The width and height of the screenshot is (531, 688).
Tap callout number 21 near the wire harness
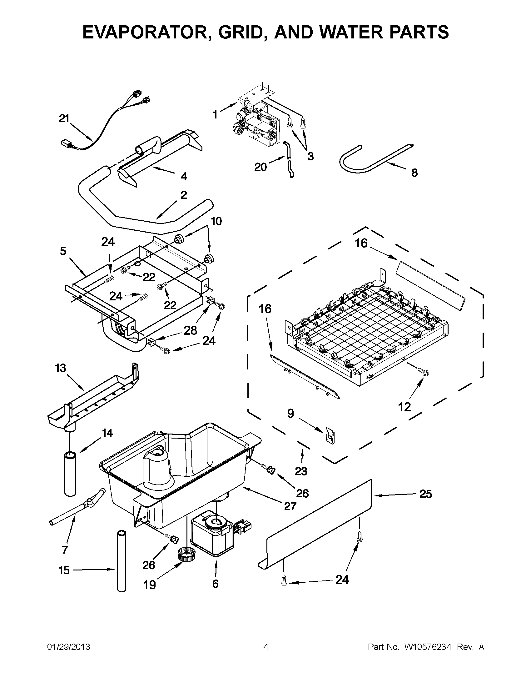pyautogui.click(x=64, y=119)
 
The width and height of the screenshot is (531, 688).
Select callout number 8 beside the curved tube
pyautogui.click(x=414, y=173)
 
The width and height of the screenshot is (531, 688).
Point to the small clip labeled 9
pyautogui.click(x=330, y=436)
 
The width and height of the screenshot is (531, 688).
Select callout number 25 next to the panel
pyautogui.click(x=425, y=494)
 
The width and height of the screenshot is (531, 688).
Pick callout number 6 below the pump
pyautogui.click(x=215, y=584)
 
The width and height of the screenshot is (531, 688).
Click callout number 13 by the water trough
pyautogui.click(x=60, y=368)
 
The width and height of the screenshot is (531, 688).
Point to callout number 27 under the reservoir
pyautogui.click(x=290, y=506)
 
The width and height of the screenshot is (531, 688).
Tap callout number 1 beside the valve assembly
pyautogui.click(x=215, y=115)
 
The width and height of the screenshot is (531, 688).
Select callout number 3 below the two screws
pyautogui.click(x=310, y=157)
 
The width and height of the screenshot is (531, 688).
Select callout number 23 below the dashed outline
pyautogui.click(x=301, y=471)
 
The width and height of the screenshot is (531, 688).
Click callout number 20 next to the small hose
pyautogui.click(x=261, y=167)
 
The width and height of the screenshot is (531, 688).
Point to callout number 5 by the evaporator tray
pyautogui.click(x=63, y=251)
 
